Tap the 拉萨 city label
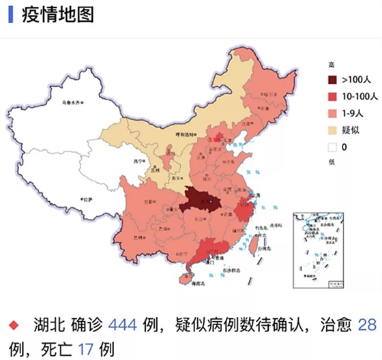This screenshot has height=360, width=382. click(x=85, y=200)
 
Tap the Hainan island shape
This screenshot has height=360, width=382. click(x=185, y=277)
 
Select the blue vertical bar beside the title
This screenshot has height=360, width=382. click(x=10, y=16)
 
